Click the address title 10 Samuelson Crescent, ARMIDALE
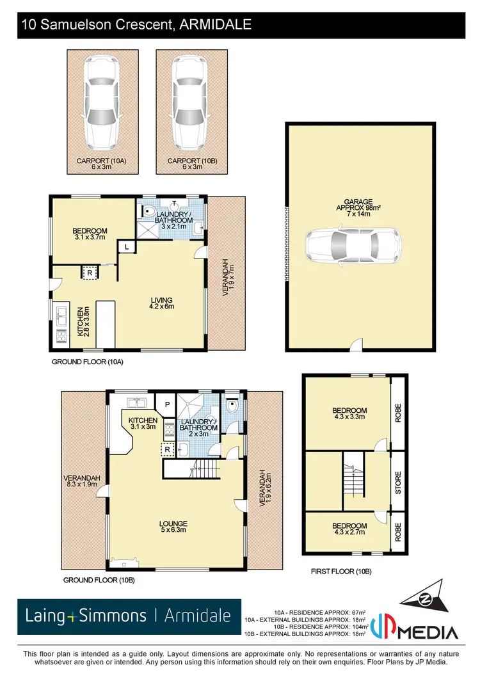pyautogui.click(x=136, y=25)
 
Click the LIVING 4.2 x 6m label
pyautogui.click(x=161, y=303)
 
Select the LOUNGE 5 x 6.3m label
pyautogui.click(x=173, y=526)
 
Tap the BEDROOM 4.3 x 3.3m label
pyautogui.click(x=349, y=414)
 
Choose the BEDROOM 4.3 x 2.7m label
pyautogui.click(x=349, y=529)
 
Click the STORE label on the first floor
pyautogui.click(x=397, y=481)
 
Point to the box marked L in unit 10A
pyautogui.click(x=127, y=246)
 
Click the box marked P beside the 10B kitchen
pyautogui.click(x=166, y=404)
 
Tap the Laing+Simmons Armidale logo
pyautogui.click(x=129, y=616)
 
